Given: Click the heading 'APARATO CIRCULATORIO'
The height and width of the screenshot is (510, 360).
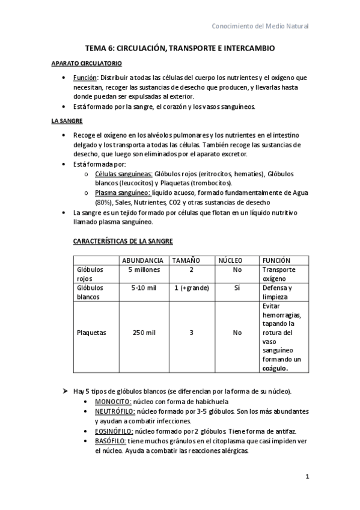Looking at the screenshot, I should [87, 63].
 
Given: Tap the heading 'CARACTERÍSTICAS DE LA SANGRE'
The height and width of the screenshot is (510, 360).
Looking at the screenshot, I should [123, 241].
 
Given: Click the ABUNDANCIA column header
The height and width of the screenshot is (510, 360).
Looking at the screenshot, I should [142, 260].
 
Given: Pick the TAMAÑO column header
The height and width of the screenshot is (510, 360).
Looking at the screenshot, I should [187, 260].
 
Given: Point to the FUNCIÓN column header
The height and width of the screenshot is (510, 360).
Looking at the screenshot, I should [276, 260].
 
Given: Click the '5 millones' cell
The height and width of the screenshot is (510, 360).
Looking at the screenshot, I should [143, 269].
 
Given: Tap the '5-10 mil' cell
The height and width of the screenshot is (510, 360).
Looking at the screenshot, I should [143, 287].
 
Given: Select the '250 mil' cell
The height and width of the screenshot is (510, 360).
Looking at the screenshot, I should [143, 332].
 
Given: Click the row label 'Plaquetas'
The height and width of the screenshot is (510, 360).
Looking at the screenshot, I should [91, 332].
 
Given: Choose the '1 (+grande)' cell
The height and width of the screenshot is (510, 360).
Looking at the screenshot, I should [191, 287].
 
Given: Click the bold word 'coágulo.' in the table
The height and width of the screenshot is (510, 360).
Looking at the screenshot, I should [276, 368].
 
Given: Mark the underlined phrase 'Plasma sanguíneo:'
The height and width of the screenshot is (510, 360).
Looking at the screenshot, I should [123, 193].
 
